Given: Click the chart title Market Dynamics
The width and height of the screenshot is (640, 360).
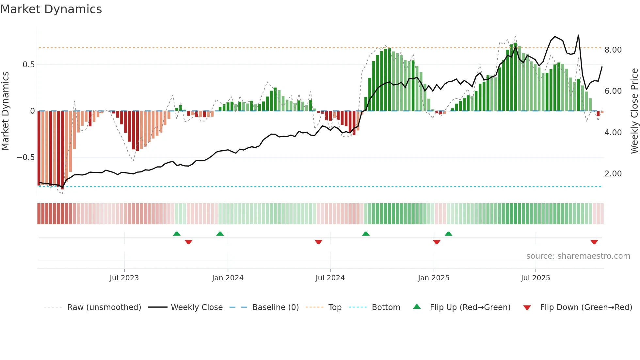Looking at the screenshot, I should click(x=51, y=9).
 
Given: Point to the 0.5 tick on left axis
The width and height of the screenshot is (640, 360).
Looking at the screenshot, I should click(x=28, y=65).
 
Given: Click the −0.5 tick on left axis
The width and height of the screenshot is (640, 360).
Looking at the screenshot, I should click(x=25, y=157).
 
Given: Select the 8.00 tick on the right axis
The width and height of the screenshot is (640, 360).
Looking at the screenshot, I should click(x=613, y=50).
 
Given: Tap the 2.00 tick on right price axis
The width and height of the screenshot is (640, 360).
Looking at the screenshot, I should click(x=613, y=174).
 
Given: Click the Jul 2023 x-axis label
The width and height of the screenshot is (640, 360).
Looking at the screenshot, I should click(x=124, y=278).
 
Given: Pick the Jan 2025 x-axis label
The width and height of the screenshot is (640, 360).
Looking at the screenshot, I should click(x=433, y=278).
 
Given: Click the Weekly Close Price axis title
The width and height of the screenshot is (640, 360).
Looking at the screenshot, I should click(x=634, y=111).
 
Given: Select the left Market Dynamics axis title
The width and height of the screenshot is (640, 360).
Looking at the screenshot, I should click(x=5, y=111).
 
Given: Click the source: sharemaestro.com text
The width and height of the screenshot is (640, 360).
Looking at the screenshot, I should click(x=578, y=256).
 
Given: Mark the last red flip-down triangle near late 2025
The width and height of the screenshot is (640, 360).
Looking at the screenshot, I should click(x=594, y=242).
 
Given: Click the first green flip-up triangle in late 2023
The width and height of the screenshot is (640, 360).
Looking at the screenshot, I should click(x=177, y=234).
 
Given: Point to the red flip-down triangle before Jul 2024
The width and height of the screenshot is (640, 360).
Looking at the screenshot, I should click(x=318, y=242).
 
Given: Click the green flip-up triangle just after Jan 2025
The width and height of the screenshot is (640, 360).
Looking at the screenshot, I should click(x=448, y=234).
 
